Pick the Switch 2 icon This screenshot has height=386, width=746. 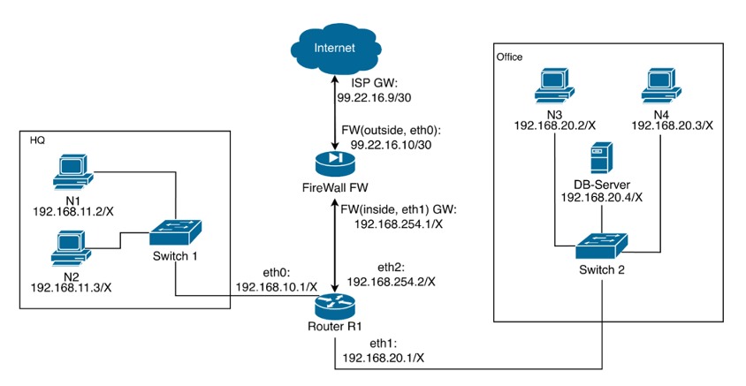(601, 243)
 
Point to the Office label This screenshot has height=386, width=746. (509, 57)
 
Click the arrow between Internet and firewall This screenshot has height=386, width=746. (335, 110)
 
